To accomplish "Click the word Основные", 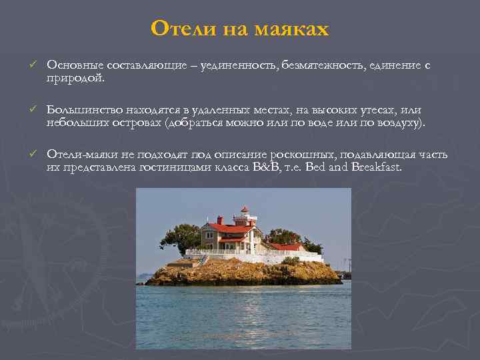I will coord(73,65).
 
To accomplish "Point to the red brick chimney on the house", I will coord(220,220).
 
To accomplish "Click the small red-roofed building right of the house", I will coord(287,247).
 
